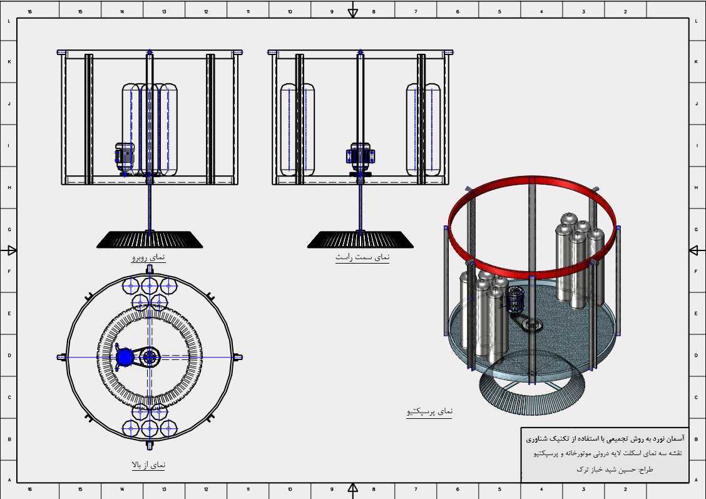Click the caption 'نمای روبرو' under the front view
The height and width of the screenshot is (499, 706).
[x=148, y=257]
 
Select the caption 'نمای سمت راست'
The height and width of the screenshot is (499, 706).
[x=362, y=257]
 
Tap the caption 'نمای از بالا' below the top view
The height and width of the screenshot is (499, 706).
[x=148, y=465]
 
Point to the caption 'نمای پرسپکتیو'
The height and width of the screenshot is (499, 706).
[x=429, y=411]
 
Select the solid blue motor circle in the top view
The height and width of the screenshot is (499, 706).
[x=125, y=357]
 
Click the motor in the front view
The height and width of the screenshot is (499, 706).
[x=124, y=158]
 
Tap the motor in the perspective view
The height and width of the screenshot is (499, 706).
[x=514, y=299]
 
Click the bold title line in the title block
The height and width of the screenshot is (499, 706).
[x=605, y=438]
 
